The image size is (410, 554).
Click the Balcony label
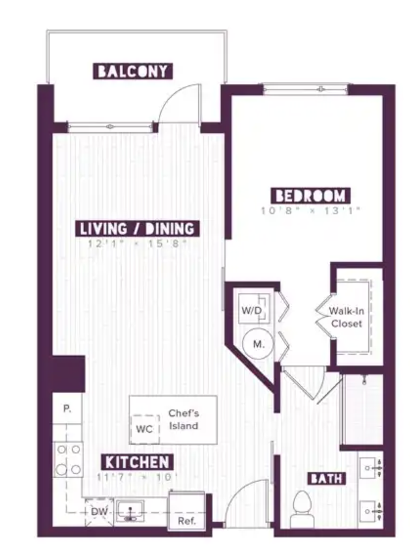(133, 71)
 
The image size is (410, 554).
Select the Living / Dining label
(138, 229)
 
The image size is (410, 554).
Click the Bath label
(327, 479)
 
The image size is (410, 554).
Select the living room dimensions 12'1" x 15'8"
(138, 243)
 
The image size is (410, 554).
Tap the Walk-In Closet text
(346, 317)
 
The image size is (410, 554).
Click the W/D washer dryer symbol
(254, 310)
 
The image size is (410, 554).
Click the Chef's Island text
(183, 419)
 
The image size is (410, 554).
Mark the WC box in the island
(144, 430)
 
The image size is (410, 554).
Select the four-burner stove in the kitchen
(67, 459)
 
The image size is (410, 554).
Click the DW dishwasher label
(99, 512)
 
